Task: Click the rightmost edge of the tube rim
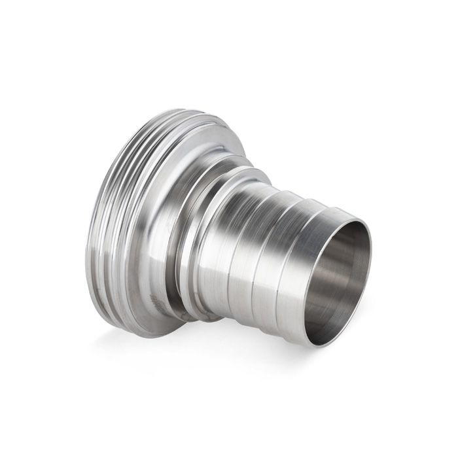[x=370, y=262]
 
